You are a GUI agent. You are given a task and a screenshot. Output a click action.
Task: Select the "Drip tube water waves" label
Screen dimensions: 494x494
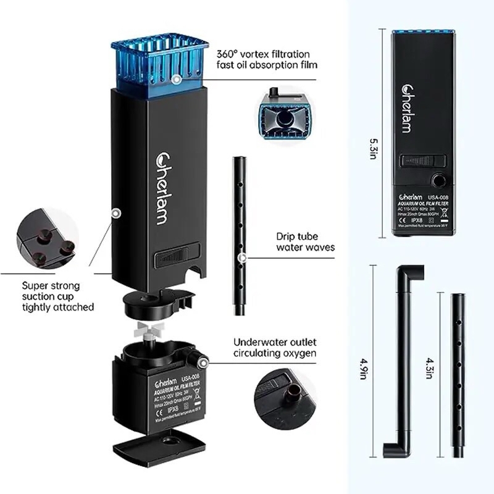coord(306,241)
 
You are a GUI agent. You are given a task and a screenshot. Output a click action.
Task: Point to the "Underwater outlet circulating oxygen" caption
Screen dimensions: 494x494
coord(275,348)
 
